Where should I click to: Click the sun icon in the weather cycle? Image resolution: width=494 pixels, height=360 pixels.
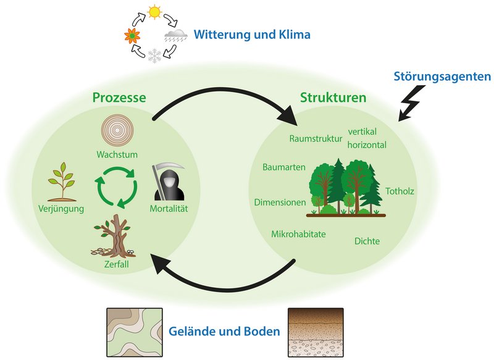[154, 12]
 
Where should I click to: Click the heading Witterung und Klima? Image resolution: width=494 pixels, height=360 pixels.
[252, 35]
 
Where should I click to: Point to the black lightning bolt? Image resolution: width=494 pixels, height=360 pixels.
[409, 103]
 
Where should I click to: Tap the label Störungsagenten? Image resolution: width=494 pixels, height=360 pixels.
[442, 77]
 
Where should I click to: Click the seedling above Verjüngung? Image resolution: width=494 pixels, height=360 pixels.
[62, 182]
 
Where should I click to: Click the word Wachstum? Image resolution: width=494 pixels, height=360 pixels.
[117, 154]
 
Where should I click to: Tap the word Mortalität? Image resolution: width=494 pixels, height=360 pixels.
[169, 208]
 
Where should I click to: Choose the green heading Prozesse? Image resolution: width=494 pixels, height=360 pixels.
[119, 98]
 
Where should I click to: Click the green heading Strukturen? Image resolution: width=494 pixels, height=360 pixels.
[333, 98]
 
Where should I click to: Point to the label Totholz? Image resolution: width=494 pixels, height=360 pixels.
[400, 191]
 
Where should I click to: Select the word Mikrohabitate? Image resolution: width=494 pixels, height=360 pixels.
[298, 234]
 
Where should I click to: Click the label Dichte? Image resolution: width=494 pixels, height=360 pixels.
[367, 241]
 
